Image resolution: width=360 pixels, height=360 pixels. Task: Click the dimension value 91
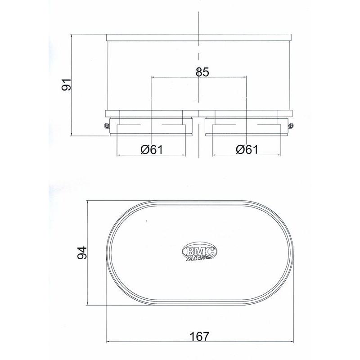tap(67, 84)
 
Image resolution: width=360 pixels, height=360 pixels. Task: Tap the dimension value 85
tap(202, 72)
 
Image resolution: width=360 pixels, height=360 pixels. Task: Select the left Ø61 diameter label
tap(152, 150)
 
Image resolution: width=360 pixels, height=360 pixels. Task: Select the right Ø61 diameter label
tap(247, 150)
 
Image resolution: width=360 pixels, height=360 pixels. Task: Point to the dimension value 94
tap(82, 252)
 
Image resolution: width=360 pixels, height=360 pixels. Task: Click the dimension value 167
tap(199, 337)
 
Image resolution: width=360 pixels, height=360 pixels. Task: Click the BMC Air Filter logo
tap(199, 251)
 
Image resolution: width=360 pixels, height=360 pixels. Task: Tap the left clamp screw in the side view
tap(107, 126)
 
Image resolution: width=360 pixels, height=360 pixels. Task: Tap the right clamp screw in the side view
tap(291, 126)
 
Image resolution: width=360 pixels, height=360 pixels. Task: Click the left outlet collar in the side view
tap(151, 127)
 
